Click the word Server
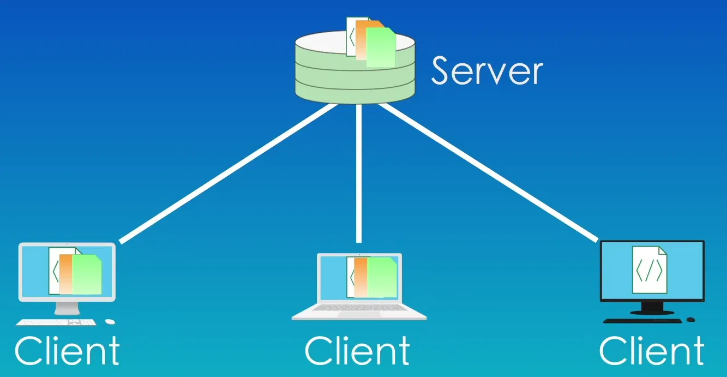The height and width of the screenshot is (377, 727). click(x=487, y=71)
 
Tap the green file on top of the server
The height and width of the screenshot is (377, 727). click(x=381, y=48)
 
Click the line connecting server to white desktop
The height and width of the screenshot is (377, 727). click(x=229, y=173)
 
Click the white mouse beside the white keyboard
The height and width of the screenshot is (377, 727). click(x=110, y=322)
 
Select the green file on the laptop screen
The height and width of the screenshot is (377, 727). click(x=382, y=277)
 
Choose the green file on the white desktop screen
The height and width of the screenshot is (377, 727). click(x=87, y=274)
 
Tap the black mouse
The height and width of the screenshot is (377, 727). click(x=690, y=320)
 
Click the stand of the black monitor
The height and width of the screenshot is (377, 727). click(x=652, y=308)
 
